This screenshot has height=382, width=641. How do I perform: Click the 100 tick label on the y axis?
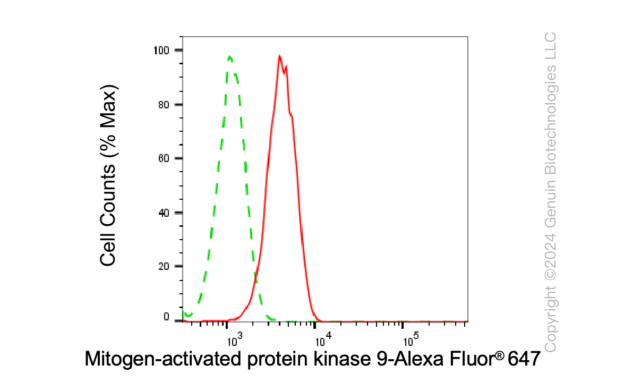[x=161, y=50]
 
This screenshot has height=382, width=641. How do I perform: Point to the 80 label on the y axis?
[x=164, y=105]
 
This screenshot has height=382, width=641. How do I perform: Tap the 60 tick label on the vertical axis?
[x=164, y=158]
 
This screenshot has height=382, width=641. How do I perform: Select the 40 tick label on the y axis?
[x=164, y=213]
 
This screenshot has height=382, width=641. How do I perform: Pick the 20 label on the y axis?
[x=164, y=266]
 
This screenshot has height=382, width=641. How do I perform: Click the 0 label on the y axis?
[x=167, y=317]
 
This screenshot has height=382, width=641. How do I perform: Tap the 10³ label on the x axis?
[x=235, y=339]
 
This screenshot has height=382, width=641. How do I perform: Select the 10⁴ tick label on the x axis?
[x=323, y=339]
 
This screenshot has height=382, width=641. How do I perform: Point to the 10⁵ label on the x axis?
[x=411, y=339]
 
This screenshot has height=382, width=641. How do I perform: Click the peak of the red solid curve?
[x=279, y=56]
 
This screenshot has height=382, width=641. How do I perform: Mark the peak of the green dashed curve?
[x=230, y=56]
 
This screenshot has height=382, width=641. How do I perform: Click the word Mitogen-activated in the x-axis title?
[x=163, y=359]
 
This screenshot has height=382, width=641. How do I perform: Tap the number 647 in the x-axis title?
[x=524, y=359]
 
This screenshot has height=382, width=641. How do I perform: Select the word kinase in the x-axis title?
[x=342, y=359]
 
